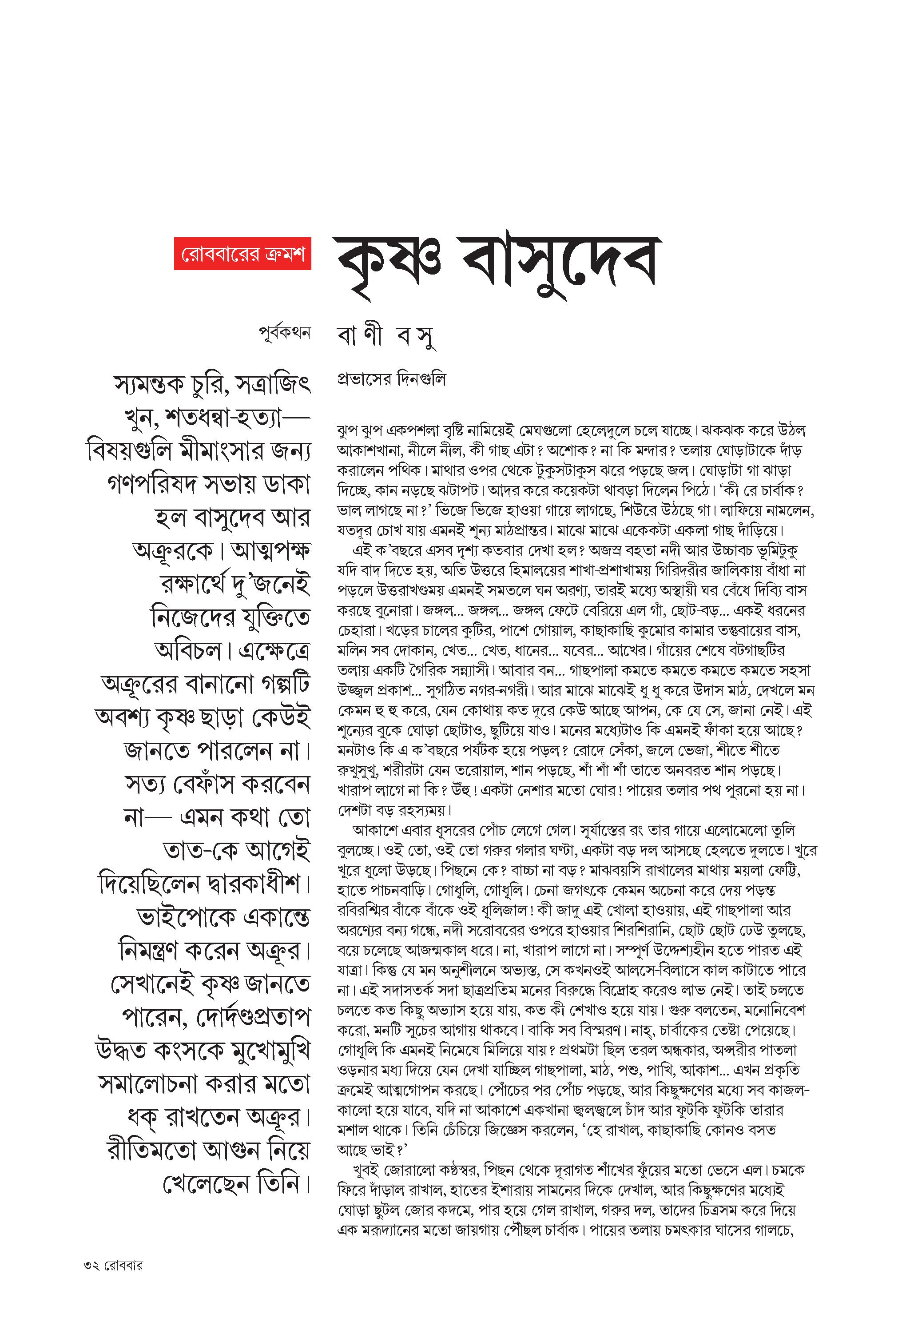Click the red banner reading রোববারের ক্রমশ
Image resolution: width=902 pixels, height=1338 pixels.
[x=243, y=253]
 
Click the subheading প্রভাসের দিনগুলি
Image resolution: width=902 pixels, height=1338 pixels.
[x=392, y=380]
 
